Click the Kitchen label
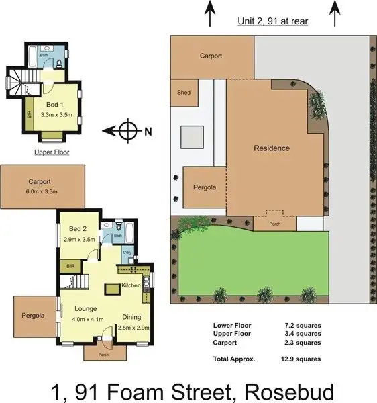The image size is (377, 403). [131, 286]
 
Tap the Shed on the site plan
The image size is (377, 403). [183, 93]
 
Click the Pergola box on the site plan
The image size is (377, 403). [204, 187]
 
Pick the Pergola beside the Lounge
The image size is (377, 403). [33, 315]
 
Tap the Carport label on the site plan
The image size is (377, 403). [211, 56]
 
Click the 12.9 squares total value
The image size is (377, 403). [302, 359]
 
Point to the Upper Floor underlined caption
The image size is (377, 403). [52, 152]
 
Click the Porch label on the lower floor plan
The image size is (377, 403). [103, 355]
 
